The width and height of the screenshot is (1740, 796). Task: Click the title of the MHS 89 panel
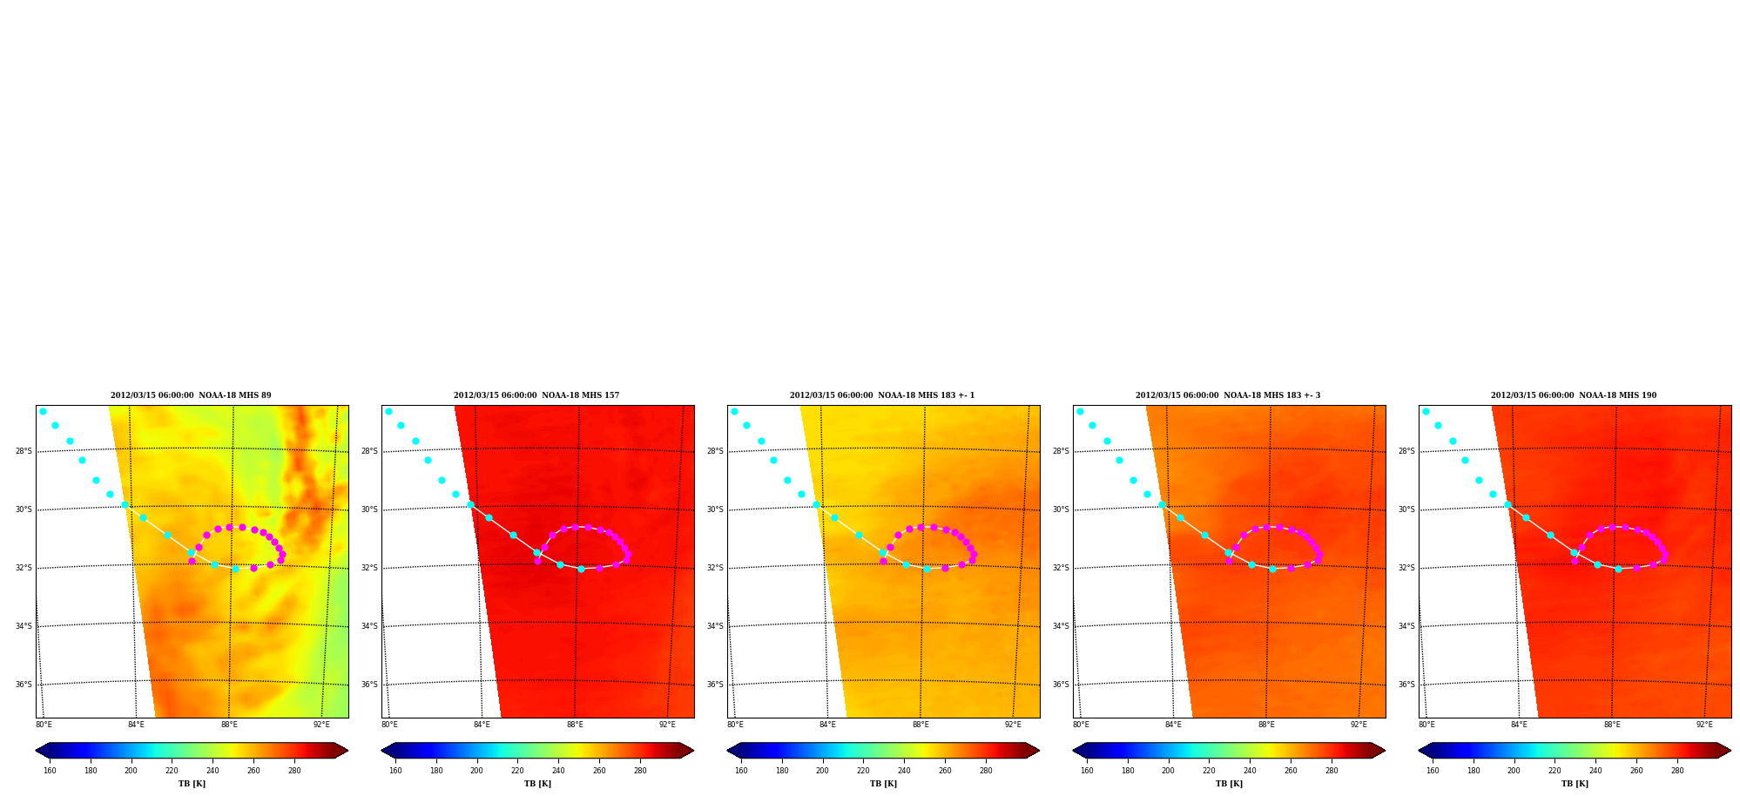tap(191, 395)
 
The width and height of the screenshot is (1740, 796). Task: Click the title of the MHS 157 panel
tap(536, 395)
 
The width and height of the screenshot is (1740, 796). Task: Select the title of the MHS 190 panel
tap(1574, 395)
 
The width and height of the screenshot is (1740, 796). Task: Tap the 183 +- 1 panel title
tap(882, 395)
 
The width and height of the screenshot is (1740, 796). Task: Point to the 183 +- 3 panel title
tap(1228, 395)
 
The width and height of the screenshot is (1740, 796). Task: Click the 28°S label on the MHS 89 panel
tap(24, 451)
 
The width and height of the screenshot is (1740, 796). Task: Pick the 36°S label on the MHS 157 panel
tap(369, 685)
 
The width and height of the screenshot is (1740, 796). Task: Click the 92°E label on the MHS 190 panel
tap(1704, 725)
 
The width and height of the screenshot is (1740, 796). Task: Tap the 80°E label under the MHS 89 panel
tap(44, 725)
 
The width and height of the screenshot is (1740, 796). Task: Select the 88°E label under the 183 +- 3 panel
tap(1266, 725)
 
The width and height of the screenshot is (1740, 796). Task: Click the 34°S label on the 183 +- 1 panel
tap(715, 626)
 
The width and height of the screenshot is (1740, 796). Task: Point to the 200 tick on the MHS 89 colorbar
tap(131, 771)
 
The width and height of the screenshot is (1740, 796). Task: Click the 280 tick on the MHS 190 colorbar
tap(1677, 771)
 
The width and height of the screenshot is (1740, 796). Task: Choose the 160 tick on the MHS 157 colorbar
tap(395, 771)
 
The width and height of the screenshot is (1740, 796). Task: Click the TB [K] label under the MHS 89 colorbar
tap(192, 784)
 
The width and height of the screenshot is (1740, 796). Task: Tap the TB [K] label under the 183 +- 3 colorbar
tap(1229, 784)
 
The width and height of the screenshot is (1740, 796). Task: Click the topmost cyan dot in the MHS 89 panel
tap(43, 411)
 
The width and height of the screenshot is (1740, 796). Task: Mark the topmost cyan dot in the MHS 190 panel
tap(1426, 411)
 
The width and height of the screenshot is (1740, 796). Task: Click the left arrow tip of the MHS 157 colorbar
tap(381, 751)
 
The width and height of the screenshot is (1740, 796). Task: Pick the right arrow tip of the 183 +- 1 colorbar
tap(1040, 751)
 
